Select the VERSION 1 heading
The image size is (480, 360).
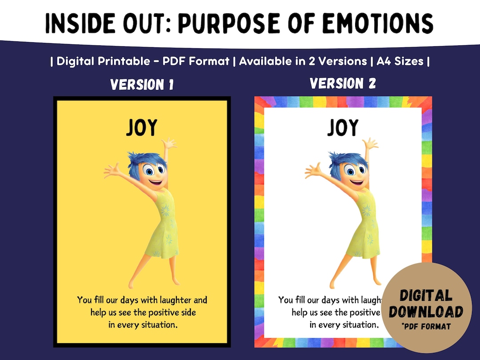point(142,84)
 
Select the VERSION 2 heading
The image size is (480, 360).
point(343,83)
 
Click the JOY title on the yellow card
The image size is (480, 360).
point(141,128)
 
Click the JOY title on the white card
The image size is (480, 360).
point(343,128)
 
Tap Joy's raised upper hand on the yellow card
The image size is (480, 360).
point(169,144)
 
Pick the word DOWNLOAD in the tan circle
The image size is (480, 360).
point(426,311)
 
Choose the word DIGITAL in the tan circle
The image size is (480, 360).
point(426,296)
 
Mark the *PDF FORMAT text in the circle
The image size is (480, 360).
point(426,327)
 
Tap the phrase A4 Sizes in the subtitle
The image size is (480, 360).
point(400,61)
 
